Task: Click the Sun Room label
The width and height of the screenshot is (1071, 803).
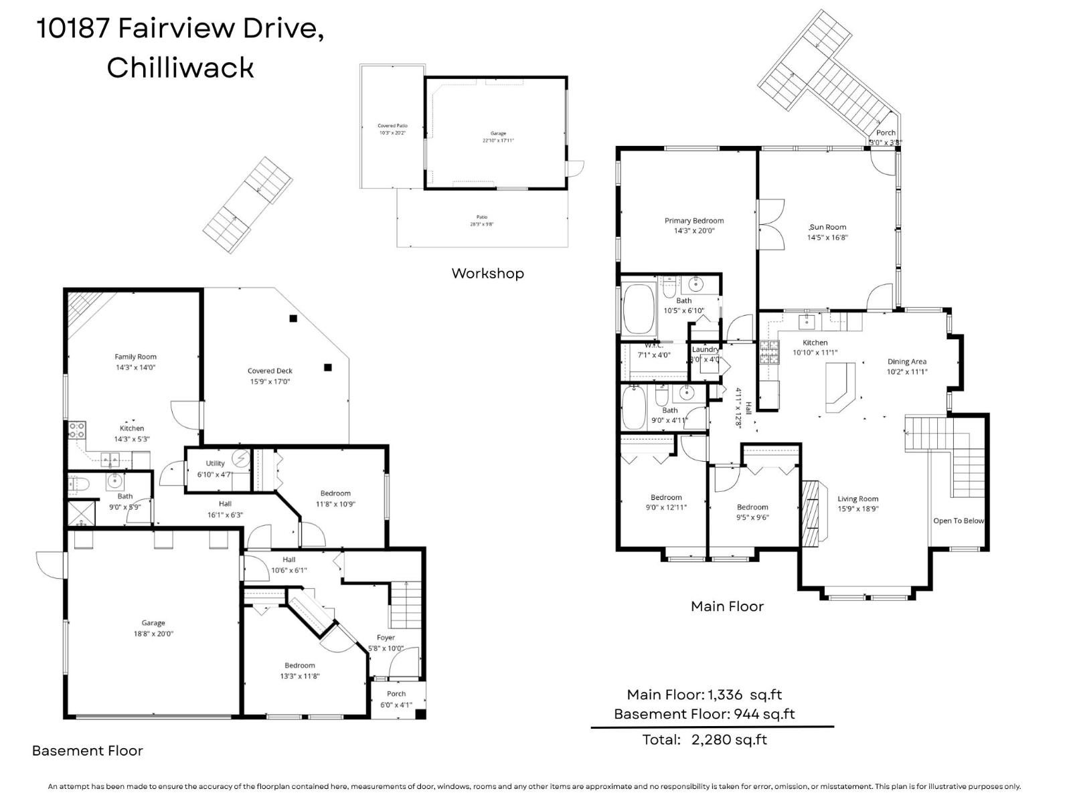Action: coord(828,227)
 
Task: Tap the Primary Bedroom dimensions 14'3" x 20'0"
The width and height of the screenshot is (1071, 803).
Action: coord(694,231)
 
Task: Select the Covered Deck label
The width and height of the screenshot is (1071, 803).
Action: coord(270,371)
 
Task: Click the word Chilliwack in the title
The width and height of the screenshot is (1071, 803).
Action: coord(180,68)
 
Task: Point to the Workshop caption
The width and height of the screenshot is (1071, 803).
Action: coord(487,273)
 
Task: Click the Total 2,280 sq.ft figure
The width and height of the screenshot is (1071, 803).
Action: coord(705,739)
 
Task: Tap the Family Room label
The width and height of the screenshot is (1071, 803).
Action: coord(135,357)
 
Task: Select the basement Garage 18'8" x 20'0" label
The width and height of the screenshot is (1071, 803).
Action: coord(153,628)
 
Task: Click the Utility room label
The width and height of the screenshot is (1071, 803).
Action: coord(215,463)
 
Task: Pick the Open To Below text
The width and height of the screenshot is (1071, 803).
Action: coord(959,521)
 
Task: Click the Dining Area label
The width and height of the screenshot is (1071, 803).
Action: coord(907,361)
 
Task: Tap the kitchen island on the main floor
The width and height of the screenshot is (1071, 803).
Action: coord(841,387)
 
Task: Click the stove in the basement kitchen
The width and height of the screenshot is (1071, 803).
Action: coord(77,430)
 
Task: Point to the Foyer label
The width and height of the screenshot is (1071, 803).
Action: coord(386,638)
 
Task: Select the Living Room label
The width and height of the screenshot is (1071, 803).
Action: coord(857,499)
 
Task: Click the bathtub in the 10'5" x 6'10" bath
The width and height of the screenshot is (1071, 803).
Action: coord(639,308)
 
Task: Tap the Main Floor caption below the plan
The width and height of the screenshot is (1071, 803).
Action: coord(727,606)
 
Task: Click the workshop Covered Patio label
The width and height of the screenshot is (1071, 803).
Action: coord(392,126)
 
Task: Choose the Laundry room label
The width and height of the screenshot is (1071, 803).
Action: coord(706,349)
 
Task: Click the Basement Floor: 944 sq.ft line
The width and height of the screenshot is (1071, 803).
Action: coord(704,714)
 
